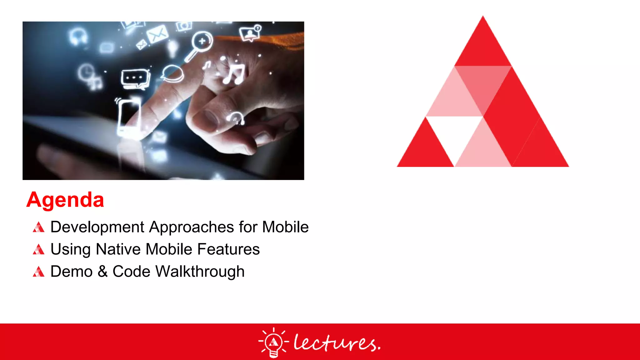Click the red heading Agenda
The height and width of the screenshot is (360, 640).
click(65, 200)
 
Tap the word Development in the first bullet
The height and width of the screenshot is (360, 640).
click(97, 227)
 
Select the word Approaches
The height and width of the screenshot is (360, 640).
click(192, 227)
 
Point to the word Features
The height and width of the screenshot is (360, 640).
click(228, 249)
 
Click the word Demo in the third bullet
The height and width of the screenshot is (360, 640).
click(71, 272)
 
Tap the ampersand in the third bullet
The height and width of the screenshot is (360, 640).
click(102, 272)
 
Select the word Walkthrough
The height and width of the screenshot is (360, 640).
click(200, 272)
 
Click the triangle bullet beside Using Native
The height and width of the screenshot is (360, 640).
click(38, 250)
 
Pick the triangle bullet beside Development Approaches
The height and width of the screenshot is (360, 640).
click(38, 227)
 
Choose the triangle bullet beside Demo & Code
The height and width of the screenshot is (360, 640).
click(38, 272)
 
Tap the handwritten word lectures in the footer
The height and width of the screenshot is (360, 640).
click(337, 343)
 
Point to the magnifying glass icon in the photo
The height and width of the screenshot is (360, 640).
click(200, 44)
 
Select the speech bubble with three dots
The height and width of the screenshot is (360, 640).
click(135, 78)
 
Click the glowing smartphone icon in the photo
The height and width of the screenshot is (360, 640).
click(129, 116)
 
